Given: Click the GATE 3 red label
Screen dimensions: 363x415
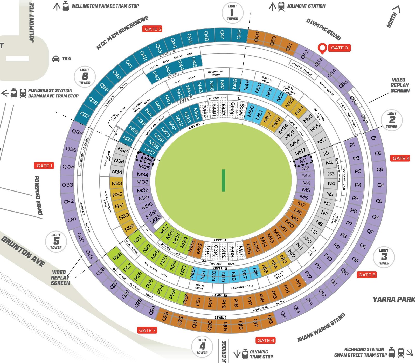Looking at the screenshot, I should [339, 48].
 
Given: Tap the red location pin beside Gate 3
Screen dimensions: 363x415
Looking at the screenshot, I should [322, 48].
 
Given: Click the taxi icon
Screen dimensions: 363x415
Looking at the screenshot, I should [56, 59].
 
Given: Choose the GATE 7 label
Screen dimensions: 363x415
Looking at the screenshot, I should [147, 330].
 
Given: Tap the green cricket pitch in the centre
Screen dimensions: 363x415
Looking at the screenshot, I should [223, 180].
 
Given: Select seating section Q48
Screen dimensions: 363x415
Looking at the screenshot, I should [239, 35].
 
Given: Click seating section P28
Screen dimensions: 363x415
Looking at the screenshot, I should [117, 256].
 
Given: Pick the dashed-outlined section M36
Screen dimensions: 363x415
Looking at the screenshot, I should [146, 159].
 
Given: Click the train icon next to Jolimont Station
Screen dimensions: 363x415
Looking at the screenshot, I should [281, 6].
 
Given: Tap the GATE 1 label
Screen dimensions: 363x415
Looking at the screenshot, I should [44, 166].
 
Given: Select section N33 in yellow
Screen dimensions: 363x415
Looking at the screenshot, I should [117, 183].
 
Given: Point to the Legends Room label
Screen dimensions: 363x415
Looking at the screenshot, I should [242, 287].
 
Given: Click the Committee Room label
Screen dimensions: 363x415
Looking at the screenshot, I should [215, 73].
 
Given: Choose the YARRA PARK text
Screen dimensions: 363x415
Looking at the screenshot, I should [393, 300].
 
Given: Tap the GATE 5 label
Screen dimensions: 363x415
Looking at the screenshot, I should [367, 275].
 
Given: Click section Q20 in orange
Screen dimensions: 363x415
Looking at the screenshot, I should [210, 325].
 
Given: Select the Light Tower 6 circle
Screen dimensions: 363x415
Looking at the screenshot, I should [85, 76].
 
